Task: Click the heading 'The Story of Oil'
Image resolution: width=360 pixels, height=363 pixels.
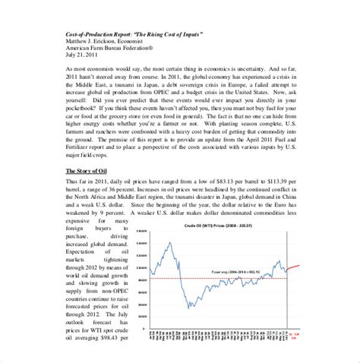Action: click(87, 191)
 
